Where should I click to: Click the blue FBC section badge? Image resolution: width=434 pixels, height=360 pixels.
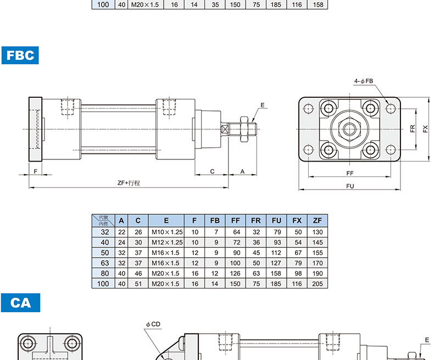(x=20, y=56)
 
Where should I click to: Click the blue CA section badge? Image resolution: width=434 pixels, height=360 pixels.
(x=20, y=303)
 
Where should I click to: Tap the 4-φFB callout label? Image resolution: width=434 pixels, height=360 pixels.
(x=364, y=81)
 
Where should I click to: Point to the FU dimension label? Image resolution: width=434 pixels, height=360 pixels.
(x=350, y=186)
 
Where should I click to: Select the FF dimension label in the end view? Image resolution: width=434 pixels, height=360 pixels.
(x=350, y=173)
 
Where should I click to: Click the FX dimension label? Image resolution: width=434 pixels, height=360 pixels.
(x=425, y=129)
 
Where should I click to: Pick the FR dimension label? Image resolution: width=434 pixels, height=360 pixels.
(x=413, y=129)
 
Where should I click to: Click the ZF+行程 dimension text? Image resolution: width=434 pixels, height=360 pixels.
(x=129, y=183)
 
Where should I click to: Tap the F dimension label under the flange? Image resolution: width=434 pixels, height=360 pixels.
(x=35, y=171)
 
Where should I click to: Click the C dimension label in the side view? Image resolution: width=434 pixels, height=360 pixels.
(x=212, y=171)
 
